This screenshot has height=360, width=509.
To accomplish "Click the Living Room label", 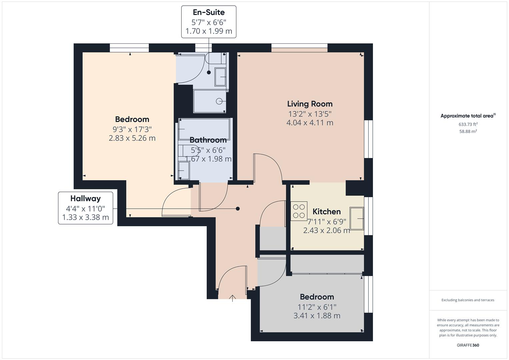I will pos(310,104).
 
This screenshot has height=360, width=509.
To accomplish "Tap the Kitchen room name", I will pos(326,212).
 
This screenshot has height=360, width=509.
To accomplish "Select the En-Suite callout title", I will pos(209,12).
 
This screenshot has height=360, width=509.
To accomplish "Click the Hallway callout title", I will pos(85,199).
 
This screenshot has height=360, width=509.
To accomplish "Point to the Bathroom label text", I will pos(208,140).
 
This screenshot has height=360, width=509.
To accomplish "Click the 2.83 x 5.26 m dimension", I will pos(132,138).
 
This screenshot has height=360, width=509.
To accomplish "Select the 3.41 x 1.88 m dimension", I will pos(317,316).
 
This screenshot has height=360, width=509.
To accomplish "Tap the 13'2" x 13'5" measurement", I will pos(310,114).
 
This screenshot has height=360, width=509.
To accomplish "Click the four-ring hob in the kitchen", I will pos(299,211).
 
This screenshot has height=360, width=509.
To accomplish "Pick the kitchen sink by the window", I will pos(357,218).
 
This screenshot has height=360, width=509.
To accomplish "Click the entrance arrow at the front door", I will pos(232,298).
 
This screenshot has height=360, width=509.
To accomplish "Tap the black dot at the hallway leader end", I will pos(238,209).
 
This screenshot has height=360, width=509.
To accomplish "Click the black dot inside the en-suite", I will pos(209,72).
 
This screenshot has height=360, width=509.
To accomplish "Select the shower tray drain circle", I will pos(219,101).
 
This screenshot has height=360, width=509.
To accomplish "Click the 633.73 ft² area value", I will pos(468,124).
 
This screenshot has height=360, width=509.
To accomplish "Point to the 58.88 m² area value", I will pos(468,131).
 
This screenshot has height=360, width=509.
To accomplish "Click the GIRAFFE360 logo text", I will pos(468,345).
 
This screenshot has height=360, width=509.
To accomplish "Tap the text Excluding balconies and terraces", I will pos(468,300).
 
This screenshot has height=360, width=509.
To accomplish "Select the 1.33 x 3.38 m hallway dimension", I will pos(85,218).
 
